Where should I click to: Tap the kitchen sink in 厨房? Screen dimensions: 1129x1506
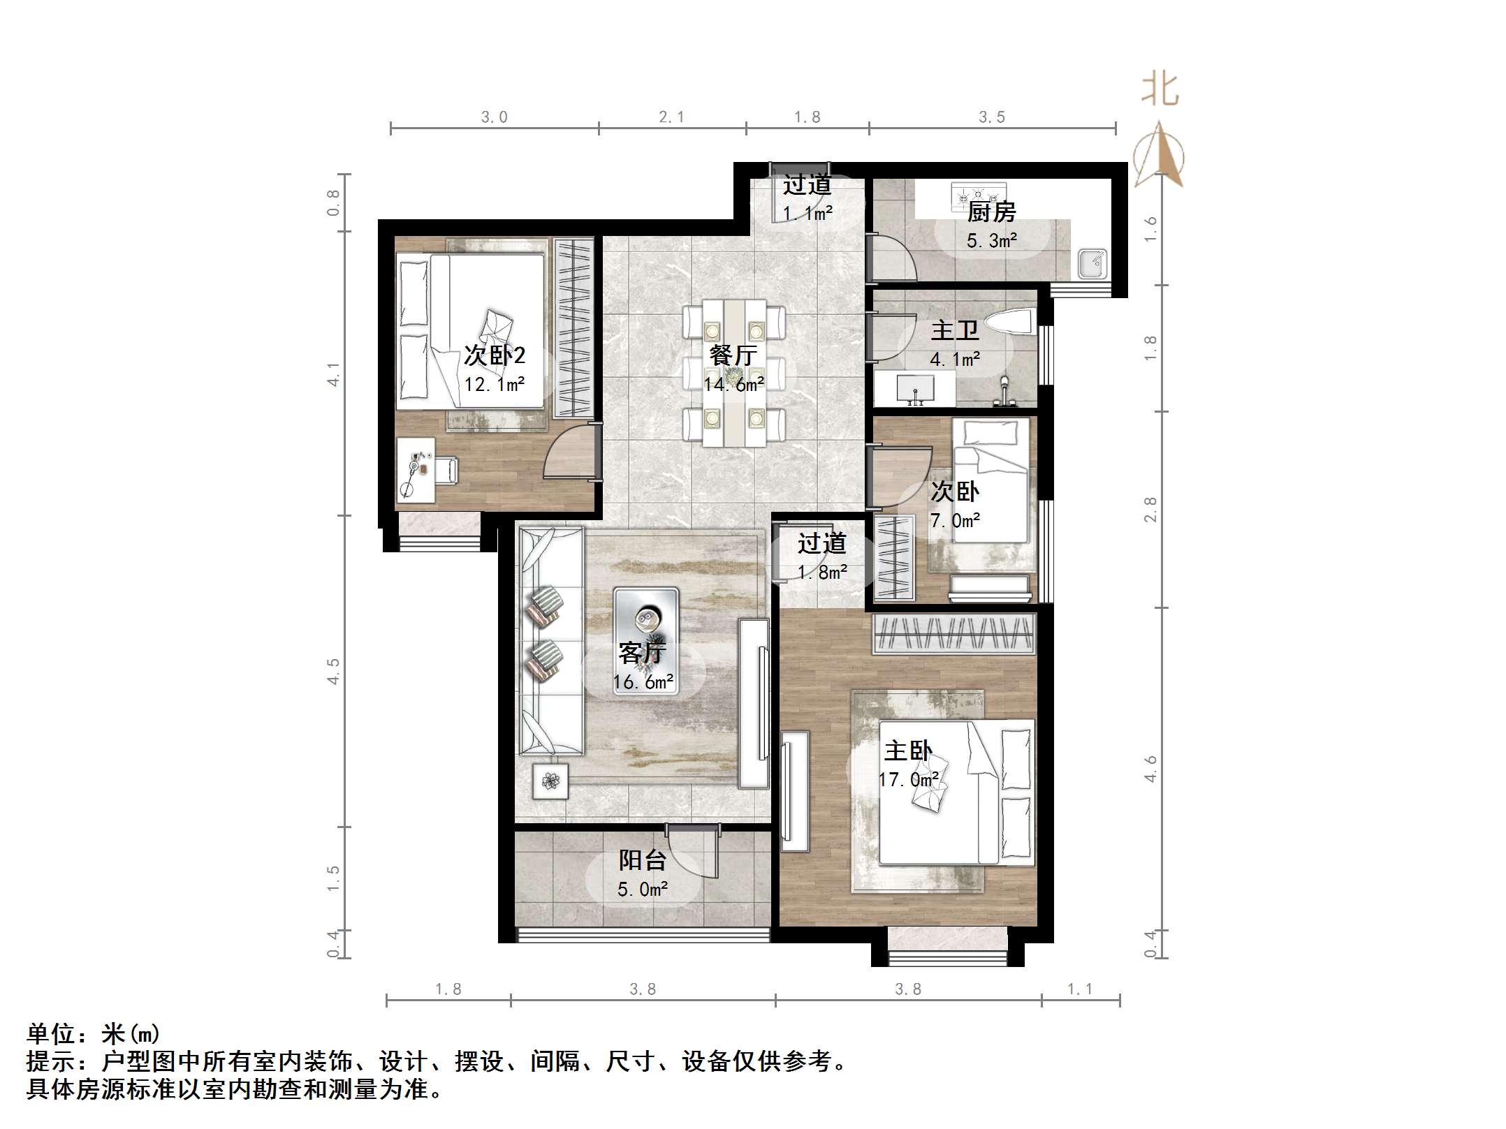[1092, 263]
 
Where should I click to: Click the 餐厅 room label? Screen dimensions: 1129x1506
[733, 355]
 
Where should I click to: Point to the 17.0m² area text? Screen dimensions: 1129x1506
[909, 779]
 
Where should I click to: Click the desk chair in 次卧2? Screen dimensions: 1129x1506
[446, 469]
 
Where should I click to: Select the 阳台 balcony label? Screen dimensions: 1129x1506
[642, 860]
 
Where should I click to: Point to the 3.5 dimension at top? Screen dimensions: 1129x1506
[992, 117]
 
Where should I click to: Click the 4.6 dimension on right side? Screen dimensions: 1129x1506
[1150, 769]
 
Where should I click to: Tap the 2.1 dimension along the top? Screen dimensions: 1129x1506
[671, 117]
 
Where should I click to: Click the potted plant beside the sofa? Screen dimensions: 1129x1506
[550, 780]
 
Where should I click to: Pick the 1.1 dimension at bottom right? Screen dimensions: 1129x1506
[1080, 989]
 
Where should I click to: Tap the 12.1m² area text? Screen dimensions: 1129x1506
[495, 385]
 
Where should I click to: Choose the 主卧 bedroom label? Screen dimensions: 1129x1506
[908, 751]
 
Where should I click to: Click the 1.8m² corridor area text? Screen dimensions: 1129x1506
[822, 573]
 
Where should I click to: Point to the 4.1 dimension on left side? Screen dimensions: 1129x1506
[334, 374]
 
